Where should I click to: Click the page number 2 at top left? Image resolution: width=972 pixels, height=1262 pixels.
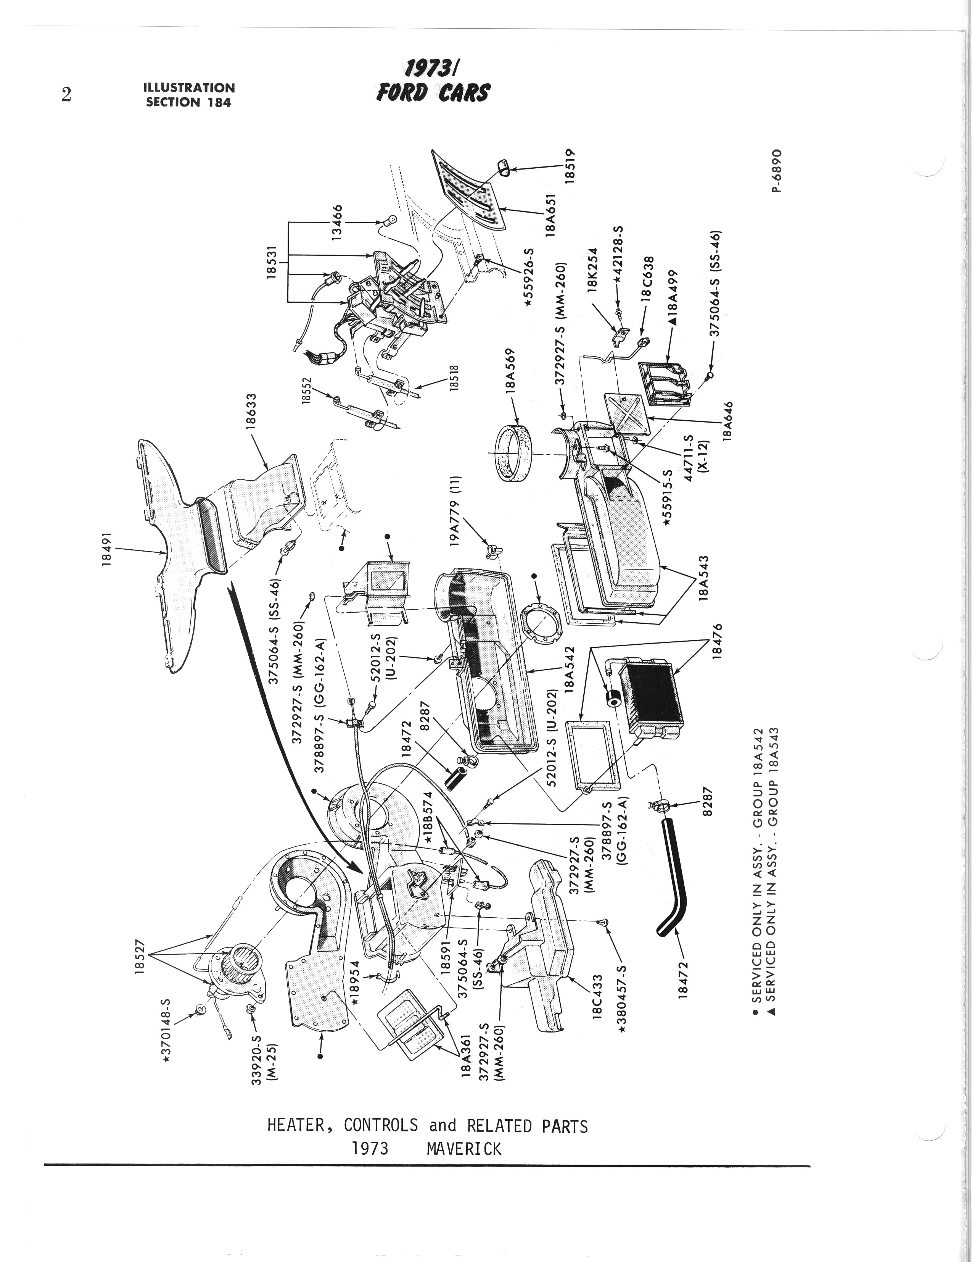66,95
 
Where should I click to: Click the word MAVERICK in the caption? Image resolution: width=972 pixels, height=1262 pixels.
464,1149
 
